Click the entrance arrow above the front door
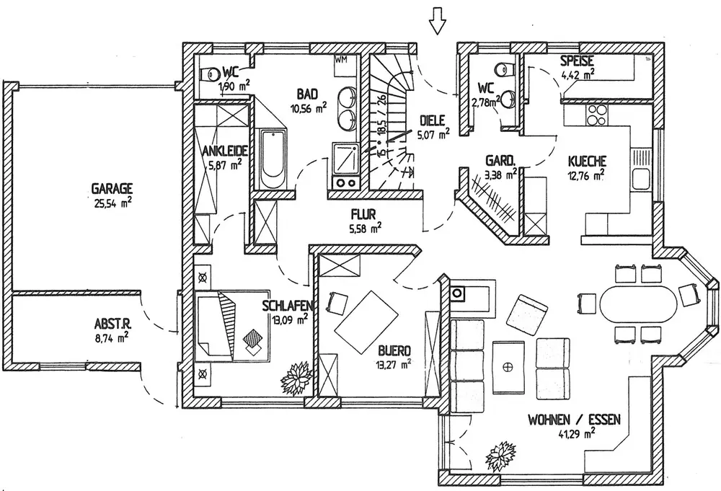click(x=437, y=21)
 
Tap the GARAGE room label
click(x=112, y=188)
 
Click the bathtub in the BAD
click(x=273, y=159)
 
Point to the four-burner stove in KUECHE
click(x=596, y=115)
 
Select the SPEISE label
click(x=577, y=61)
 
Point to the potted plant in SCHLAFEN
click(x=297, y=378)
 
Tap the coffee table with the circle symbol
click(x=508, y=366)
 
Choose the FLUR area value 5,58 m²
click(x=365, y=227)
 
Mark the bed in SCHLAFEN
click(x=232, y=324)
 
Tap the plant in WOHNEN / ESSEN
click(x=501, y=456)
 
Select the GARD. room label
click(x=500, y=161)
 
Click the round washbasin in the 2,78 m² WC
click(x=508, y=99)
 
